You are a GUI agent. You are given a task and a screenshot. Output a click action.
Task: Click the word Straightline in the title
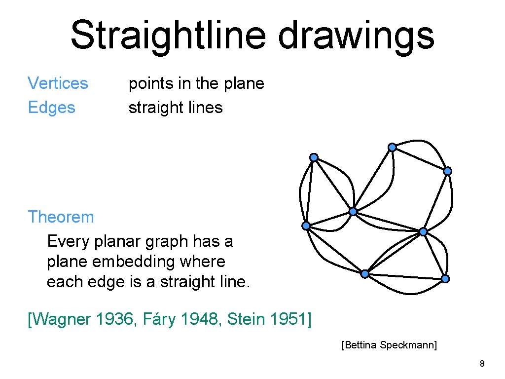(x=168, y=36)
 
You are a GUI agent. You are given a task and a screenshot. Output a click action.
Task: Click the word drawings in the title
(x=356, y=36)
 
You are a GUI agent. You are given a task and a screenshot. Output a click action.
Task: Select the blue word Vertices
(x=58, y=83)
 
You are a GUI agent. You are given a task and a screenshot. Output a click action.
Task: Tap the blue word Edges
(x=51, y=108)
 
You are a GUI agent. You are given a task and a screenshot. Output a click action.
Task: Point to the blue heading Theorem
(x=61, y=217)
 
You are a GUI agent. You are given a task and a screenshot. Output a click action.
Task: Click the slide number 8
(x=482, y=364)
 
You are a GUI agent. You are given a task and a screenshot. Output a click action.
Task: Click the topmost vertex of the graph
(x=392, y=147)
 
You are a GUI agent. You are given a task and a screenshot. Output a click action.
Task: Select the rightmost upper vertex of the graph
(x=447, y=171)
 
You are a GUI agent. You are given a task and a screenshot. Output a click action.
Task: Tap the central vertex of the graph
(x=353, y=212)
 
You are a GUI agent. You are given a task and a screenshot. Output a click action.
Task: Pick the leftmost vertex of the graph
(x=306, y=226)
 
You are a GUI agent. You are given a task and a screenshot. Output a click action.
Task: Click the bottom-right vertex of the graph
(x=445, y=279)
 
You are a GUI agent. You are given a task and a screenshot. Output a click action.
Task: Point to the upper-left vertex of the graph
(x=314, y=157)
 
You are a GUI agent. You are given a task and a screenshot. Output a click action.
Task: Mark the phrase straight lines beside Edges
(x=176, y=108)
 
